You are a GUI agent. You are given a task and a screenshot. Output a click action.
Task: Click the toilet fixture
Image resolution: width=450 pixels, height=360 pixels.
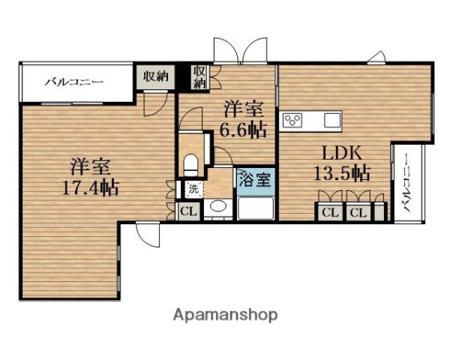(190, 165)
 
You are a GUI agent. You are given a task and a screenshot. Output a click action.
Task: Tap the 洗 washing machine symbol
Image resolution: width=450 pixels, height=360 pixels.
(193, 189)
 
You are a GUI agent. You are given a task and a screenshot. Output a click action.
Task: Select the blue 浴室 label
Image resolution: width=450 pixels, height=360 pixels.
(255, 180)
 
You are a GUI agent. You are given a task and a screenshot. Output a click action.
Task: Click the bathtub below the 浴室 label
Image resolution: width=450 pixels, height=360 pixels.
(256, 208)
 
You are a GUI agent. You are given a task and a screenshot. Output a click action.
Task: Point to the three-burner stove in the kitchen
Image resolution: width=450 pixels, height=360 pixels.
(292, 120)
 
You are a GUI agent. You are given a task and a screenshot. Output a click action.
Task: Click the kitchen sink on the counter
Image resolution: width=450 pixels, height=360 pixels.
(332, 120)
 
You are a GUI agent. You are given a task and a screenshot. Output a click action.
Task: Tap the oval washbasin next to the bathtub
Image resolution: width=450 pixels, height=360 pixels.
(217, 205)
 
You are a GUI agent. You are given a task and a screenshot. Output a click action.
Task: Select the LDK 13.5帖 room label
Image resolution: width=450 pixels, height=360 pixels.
(342, 163)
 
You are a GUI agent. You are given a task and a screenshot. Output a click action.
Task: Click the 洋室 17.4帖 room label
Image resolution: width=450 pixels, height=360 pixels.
(91, 176)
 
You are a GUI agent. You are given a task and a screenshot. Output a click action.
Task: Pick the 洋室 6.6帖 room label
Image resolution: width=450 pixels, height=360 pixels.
(243, 119)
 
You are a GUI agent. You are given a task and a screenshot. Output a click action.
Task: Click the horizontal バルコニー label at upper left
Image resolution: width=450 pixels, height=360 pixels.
(73, 82)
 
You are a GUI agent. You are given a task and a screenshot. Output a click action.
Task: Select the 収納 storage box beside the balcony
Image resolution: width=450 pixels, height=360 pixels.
(155, 77)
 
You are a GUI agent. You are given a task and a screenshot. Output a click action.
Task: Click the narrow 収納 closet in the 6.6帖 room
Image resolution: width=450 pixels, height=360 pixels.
(200, 77)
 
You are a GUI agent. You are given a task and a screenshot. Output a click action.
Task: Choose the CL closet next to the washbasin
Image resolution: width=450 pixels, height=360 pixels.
(188, 211)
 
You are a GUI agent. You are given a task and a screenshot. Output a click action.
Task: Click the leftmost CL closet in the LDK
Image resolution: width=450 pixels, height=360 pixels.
(330, 212)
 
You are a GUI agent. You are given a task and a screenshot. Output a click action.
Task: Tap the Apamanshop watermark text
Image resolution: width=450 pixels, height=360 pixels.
(225, 316)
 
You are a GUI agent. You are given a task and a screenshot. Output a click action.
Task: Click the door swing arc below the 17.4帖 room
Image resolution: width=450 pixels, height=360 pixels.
(147, 235)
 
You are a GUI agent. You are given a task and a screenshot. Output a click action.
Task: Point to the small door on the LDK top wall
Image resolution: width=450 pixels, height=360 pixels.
(376, 58)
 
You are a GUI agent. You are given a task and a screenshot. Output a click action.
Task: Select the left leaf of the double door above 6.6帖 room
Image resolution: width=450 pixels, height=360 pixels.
(226, 51)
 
